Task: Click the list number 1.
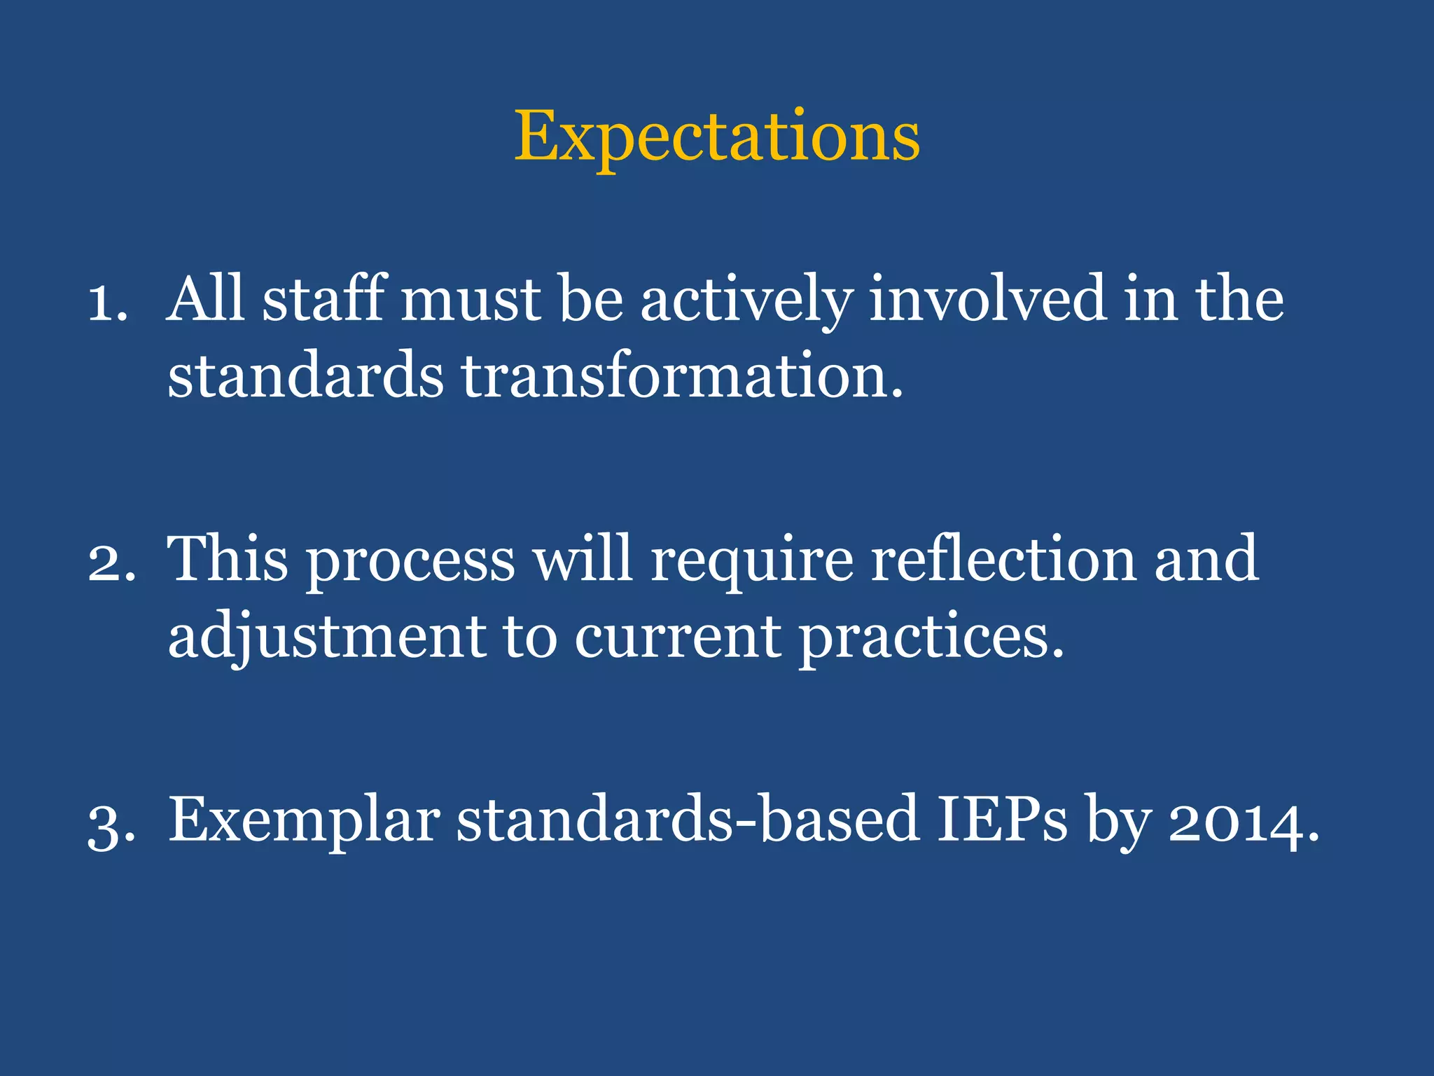(x=106, y=303)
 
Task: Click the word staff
(x=324, y=299)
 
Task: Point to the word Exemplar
(x=304, y=822)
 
